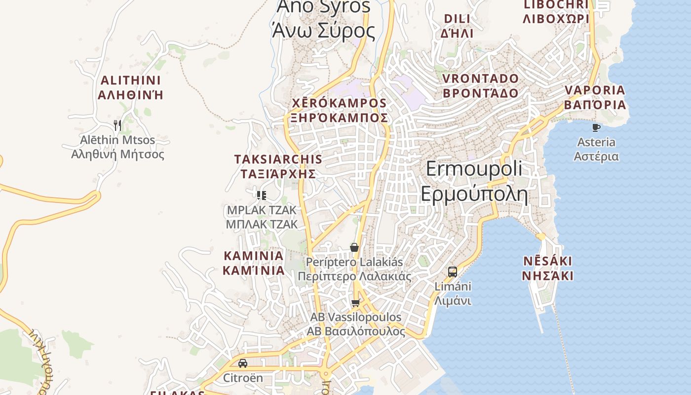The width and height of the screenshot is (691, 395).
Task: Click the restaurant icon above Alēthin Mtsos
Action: click(x=117, y=125)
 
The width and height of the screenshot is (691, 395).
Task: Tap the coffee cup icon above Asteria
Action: click(x=596, y=128)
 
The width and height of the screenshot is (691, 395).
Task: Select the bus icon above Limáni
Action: click(x=453, y=272)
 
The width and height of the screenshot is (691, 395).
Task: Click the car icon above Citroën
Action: click(x=243, y=363)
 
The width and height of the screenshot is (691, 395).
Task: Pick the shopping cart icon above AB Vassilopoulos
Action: click(x=356, y=303)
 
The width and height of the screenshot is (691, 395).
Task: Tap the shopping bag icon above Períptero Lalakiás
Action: click(x=354, y=247)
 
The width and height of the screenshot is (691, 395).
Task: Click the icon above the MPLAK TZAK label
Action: click(x=262, y=196)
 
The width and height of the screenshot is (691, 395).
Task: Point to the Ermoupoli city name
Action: click(x=474, y=169)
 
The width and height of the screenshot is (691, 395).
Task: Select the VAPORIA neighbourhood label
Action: click(x=595, y=90)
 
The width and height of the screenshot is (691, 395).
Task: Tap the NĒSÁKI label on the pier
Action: click(x=547, y=261)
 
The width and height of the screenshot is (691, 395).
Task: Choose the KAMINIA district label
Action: click(x=254, y=256)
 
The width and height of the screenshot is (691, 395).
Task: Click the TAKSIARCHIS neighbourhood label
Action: click(x=278, y=159)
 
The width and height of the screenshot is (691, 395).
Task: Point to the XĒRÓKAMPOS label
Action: click(x=340, y=103)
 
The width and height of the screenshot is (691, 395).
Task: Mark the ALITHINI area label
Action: click(x=131, y=80)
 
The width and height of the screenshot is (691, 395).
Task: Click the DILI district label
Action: click(x=457, y=19)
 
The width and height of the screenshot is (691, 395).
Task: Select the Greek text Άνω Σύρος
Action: click(x=324, y=31)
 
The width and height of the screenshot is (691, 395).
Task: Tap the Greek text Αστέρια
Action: click(x=596, y=157)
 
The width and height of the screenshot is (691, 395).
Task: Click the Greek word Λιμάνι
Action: click(x=453, y=301)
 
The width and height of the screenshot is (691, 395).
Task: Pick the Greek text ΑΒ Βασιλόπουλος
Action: click(x=356, y=331)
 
